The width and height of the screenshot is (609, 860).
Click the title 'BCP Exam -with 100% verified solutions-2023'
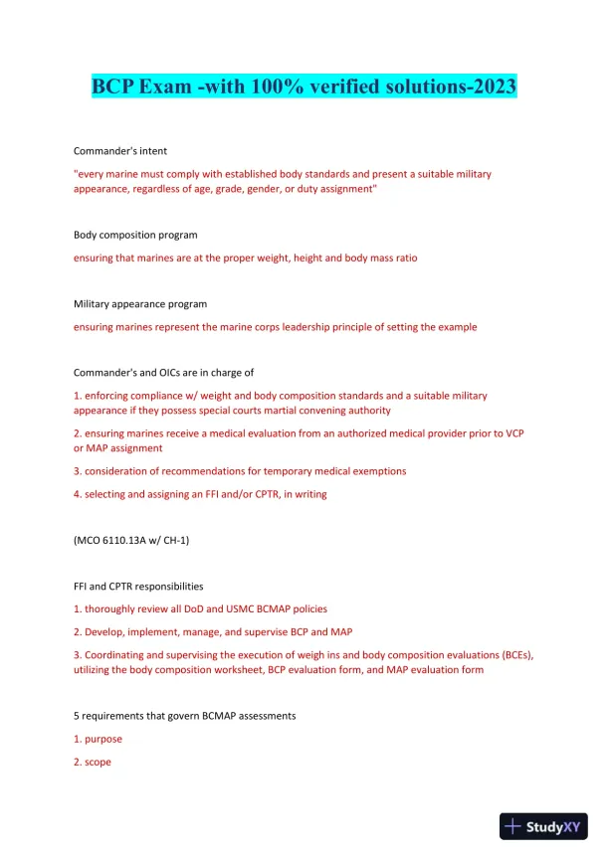coord(304,86)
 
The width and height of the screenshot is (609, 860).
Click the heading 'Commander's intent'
coord(120,150)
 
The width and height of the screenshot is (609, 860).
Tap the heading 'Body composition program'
coord(135,235)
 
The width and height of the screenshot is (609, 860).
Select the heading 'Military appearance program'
coord(140,303)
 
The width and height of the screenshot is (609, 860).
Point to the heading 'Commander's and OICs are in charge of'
coord(164,373)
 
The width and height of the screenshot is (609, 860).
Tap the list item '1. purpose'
coord(99,739)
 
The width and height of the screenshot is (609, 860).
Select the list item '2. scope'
coord(93,762)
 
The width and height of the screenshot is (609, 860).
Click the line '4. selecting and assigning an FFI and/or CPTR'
coord(200,494)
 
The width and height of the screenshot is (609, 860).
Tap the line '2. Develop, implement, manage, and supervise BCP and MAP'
coord(213,631)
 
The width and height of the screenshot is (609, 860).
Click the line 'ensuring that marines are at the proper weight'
coord(246,258)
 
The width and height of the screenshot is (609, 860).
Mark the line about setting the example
coord(276,326)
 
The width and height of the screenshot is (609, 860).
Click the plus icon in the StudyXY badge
coord(514,826)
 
